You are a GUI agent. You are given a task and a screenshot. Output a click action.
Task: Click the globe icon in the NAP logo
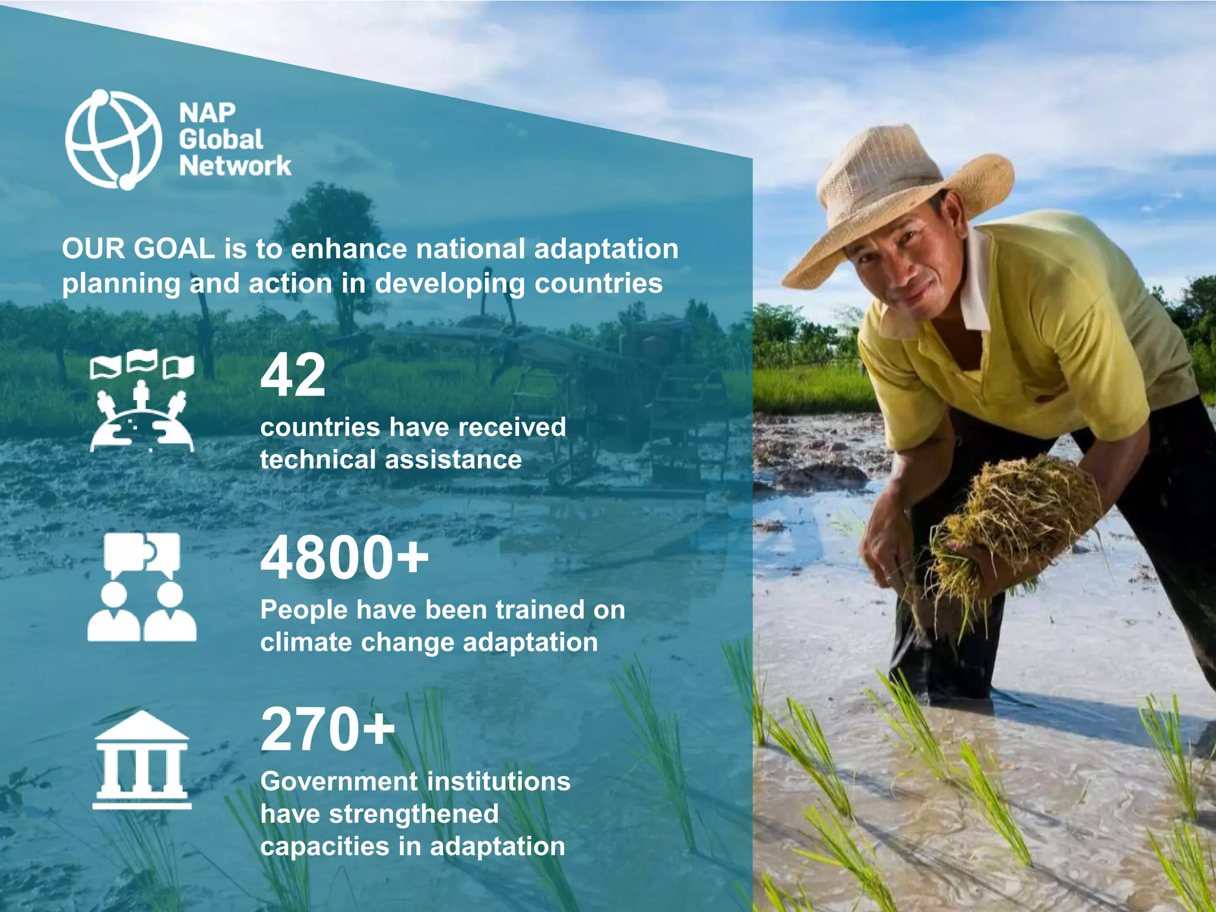click(113, 140)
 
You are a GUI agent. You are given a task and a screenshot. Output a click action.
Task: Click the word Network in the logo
click(235, 166)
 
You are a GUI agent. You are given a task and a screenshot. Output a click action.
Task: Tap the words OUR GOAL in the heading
click(138, 249)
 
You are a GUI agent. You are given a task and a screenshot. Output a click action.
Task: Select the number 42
click(293, 375)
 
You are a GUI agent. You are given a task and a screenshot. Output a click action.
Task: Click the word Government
click(337, 781)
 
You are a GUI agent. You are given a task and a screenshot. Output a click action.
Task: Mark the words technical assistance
click(391, 460)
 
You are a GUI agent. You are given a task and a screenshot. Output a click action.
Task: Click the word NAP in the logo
click(207, 112)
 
